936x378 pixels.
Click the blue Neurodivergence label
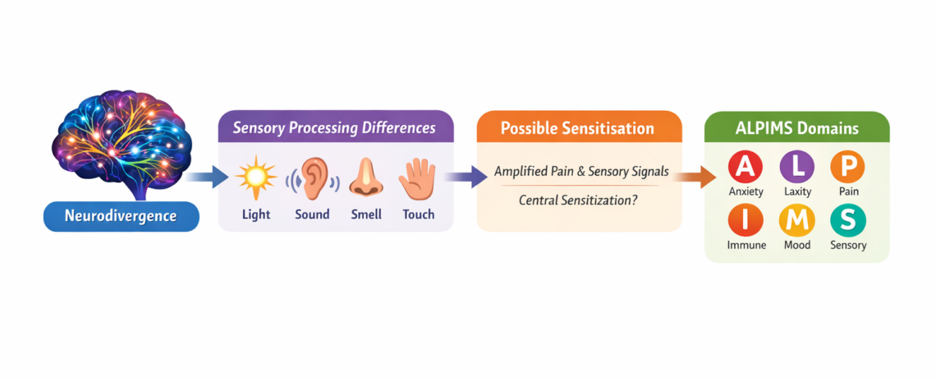(x=122, y=217)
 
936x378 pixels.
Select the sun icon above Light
(x=255, y=177)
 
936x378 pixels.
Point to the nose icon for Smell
(x=365, y=177)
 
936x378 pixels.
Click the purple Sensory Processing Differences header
(x=334, y=128)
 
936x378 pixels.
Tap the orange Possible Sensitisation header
(x=578, y=128)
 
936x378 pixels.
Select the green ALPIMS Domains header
(x=796, y=128)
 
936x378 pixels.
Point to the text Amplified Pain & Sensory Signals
(x=581, y=172)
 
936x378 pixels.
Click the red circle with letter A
(x=746, y=167)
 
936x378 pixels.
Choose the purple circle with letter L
(x=797, y=167)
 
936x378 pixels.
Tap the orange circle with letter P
(x=848, y=167)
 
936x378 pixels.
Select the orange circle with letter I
(x=746, y=219)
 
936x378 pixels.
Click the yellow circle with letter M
(x=797, y=219)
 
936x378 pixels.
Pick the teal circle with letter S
(x=848, y=219)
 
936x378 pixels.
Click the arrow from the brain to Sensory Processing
(x=206, y=175)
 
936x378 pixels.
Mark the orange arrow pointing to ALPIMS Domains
(x=695, y=175)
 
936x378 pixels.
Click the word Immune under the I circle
(x=746, y=245)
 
